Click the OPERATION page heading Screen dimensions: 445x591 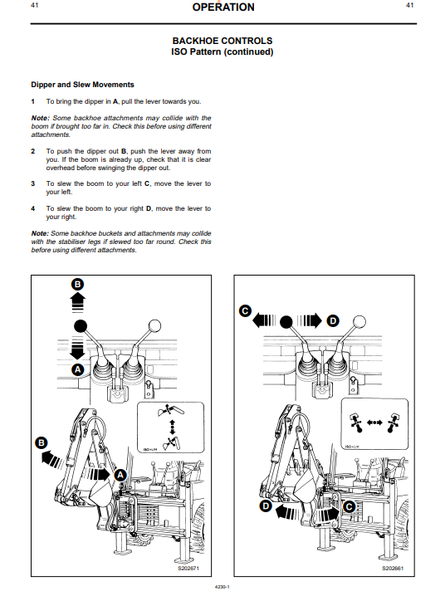pos(222,7)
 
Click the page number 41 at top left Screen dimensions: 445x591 pos(34,5)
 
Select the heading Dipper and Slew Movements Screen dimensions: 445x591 pos(82,85)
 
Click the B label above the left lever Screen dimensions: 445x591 pos(77,284)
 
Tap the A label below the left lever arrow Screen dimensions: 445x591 pos(78,369)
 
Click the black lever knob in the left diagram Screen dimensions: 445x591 pos(80,325)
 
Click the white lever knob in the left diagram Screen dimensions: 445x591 pos(154,325)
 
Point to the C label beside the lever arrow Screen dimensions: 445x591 pos(245,311)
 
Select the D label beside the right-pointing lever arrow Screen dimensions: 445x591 pos(333,321)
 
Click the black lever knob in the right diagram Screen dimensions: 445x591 pos(286,321)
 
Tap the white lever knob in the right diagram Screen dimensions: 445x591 pos(359,321)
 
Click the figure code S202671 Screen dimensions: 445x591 pos(188,568)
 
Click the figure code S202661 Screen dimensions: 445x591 pos(393,568)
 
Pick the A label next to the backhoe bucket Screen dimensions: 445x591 pos(120,475)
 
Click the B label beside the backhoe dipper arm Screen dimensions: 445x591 pos(42,442)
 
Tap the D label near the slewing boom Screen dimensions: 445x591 pos(266,506)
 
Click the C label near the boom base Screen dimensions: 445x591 pos(350,506)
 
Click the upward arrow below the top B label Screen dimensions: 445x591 pos(77,303)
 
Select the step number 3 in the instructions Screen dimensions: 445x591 pos(33,183)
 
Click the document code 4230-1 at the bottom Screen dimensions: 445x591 pos(222,587)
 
